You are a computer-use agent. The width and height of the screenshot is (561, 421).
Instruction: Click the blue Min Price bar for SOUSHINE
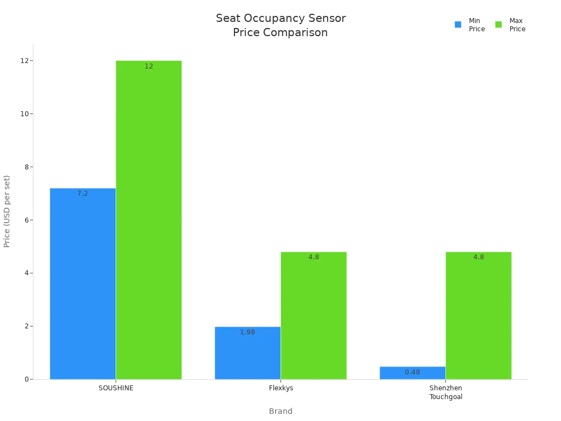(x=83, y=285)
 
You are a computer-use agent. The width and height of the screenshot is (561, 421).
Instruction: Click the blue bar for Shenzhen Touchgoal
(x=413, y=373)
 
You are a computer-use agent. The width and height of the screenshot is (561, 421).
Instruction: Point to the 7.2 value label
(x=83, y=194)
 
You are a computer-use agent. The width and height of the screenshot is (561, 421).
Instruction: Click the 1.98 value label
(x=248, y=332)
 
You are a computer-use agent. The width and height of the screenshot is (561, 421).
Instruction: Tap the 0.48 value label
(x=413, y=372)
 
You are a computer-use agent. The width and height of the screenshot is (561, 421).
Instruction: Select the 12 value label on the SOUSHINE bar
(x=148, y=66)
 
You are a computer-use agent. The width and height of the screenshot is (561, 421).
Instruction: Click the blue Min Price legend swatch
(x=458, y=25)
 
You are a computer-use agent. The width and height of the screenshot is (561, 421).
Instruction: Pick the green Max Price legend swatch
(x=499, y=25)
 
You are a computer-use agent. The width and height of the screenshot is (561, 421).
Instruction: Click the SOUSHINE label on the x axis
(x=116, y=388)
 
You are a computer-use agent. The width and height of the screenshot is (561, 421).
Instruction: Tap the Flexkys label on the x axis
(x=281, y=388)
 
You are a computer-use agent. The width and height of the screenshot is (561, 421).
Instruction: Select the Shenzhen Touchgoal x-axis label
(x=445, y=392)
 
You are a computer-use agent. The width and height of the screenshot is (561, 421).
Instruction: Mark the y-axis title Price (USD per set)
(x=7, y=211)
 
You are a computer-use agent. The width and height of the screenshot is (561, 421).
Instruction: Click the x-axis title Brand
(x=280, y=411)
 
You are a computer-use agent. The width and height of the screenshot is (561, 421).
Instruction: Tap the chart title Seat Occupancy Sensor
(x=280, y=19)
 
